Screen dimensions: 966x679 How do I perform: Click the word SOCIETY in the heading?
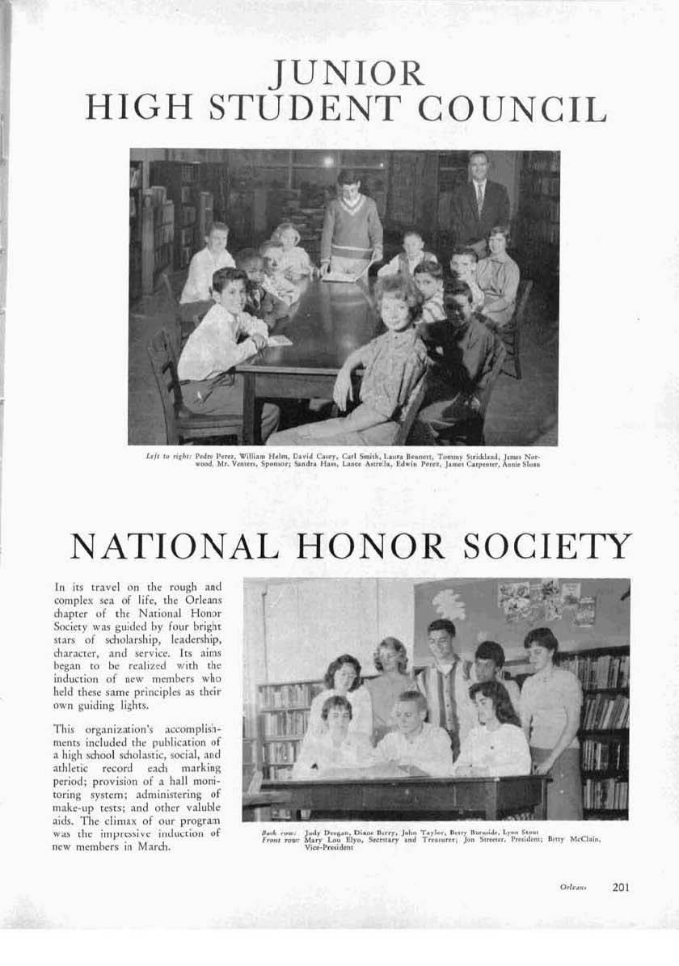[x=546, y=547]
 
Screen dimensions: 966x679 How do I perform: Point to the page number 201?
[x=621, y=887]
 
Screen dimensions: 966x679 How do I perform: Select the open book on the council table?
[x=340, y=276]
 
